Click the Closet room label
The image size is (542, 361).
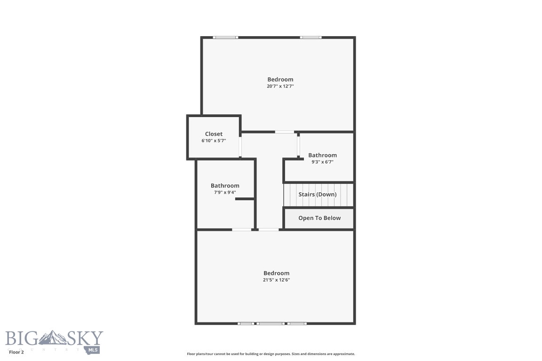(x=214, y=134)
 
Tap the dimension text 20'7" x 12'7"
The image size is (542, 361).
(x=280, y=86)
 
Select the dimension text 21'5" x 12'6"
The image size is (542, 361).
(x=276, y=280)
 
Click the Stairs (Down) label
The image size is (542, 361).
(x=318, y=194)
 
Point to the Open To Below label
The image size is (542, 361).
(x=319, y=218)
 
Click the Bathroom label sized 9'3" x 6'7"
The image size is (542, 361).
(x=322, y=155)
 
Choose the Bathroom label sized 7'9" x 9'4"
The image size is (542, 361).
(x=225, y=186)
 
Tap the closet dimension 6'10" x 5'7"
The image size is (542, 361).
(x=214, y=141)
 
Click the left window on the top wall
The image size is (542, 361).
(x=225, y=38)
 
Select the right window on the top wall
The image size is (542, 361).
(x=311, y=38)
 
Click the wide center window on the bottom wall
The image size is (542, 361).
(x=271, y=323)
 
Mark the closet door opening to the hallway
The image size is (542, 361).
(x=240, y=147)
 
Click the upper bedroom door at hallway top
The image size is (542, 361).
(x=285, y=132)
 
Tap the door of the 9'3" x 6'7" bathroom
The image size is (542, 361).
(x=298, y=146)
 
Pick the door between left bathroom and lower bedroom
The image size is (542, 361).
(x=241, y=229)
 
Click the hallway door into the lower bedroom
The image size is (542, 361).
(x=269, y=229)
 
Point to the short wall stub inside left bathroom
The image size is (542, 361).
(x=244, y=199)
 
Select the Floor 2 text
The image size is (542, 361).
(x=16, y=352)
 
